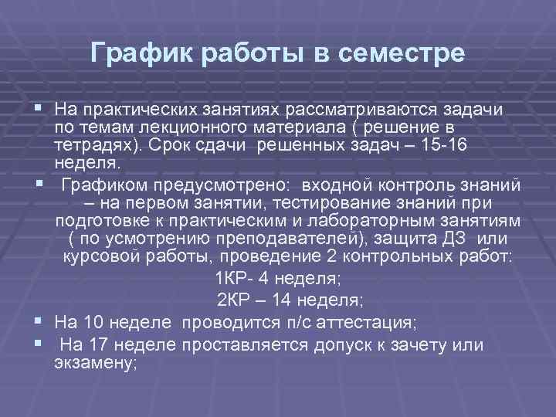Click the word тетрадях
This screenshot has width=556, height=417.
click(x=97, y=144)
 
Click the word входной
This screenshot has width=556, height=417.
click(x=334, y=185)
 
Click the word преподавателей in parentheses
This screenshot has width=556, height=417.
click(x=273, y=239)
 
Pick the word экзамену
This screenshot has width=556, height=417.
click(x=95, y=362)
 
